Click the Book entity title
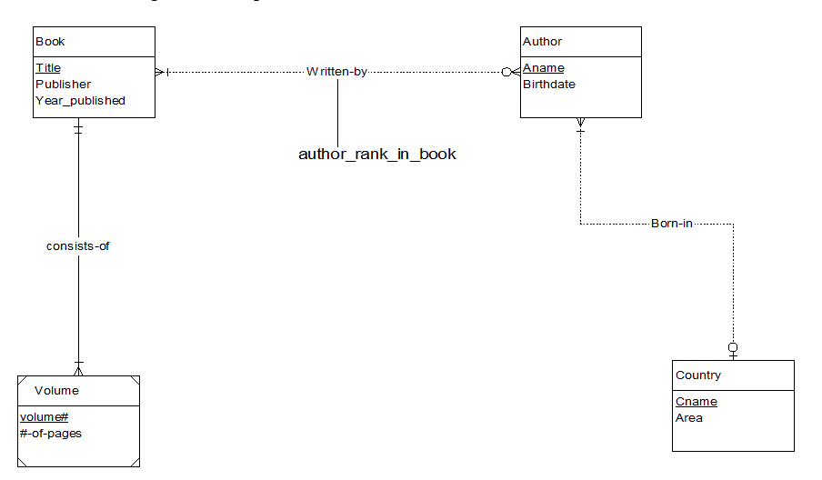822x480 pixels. point(50,42)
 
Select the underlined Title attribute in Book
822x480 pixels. point(48,68)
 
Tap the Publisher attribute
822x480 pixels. point(63,85)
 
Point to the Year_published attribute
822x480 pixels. point(80,101)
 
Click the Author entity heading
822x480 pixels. point(542,42)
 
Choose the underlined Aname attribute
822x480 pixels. point(543,68)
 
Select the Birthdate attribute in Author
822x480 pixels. point(548,85)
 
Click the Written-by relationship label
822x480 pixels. point(336,71)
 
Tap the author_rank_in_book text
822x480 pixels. point(377,155)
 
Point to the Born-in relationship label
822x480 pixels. point(672,223)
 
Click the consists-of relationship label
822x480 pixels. point(78,246)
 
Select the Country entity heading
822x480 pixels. point(697,375)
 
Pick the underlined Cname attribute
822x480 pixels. point(696,402)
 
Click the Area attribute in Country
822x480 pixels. point(688,418)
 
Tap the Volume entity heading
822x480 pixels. point(56,391)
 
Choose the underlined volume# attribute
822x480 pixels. point(44,417)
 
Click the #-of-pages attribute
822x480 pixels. point(50,434)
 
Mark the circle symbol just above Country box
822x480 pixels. point(733,347)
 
